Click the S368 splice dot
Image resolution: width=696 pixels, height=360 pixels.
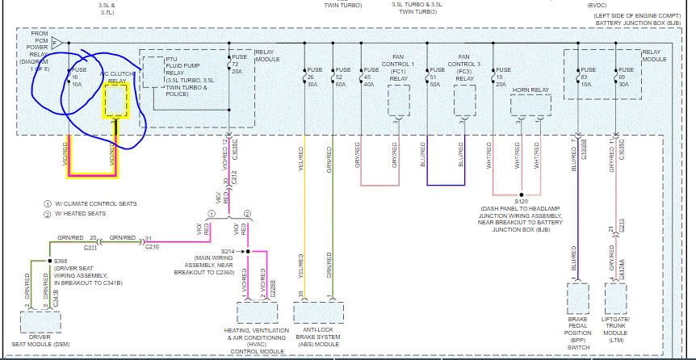tap(49, 262)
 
